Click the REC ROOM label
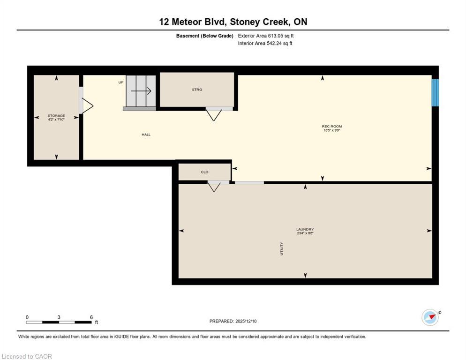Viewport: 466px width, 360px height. [x=331, y=126]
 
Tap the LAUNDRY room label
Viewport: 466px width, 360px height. [x=305, y=229]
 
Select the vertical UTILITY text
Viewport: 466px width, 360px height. [x=282, y=248]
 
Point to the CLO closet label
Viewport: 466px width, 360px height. [x=204, y=172]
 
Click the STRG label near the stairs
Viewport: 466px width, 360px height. [x=197, y=90]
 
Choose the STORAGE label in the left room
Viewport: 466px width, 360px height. [x=56, y=115]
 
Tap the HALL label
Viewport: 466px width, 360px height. [x=146, y=135]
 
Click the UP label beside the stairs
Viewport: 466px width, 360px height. [x=120, y=82]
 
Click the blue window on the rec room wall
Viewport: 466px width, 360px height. [x=435, y=92]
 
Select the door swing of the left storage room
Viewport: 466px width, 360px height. [x=87, y=105]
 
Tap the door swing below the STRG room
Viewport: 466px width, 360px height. [x=214, y=114]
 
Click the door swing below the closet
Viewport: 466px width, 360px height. [x=214, y=187]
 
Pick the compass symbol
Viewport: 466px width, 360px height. [x=430, y=317]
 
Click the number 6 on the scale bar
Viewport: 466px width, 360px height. [x=91, y=317]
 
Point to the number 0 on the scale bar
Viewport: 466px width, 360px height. [x=27, y=317]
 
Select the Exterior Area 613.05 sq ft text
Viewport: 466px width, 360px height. [x=266, y=36]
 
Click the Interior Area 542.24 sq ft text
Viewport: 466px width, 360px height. [x=265, y=44]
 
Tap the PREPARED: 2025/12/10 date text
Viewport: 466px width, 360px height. [x=233, y=321]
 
